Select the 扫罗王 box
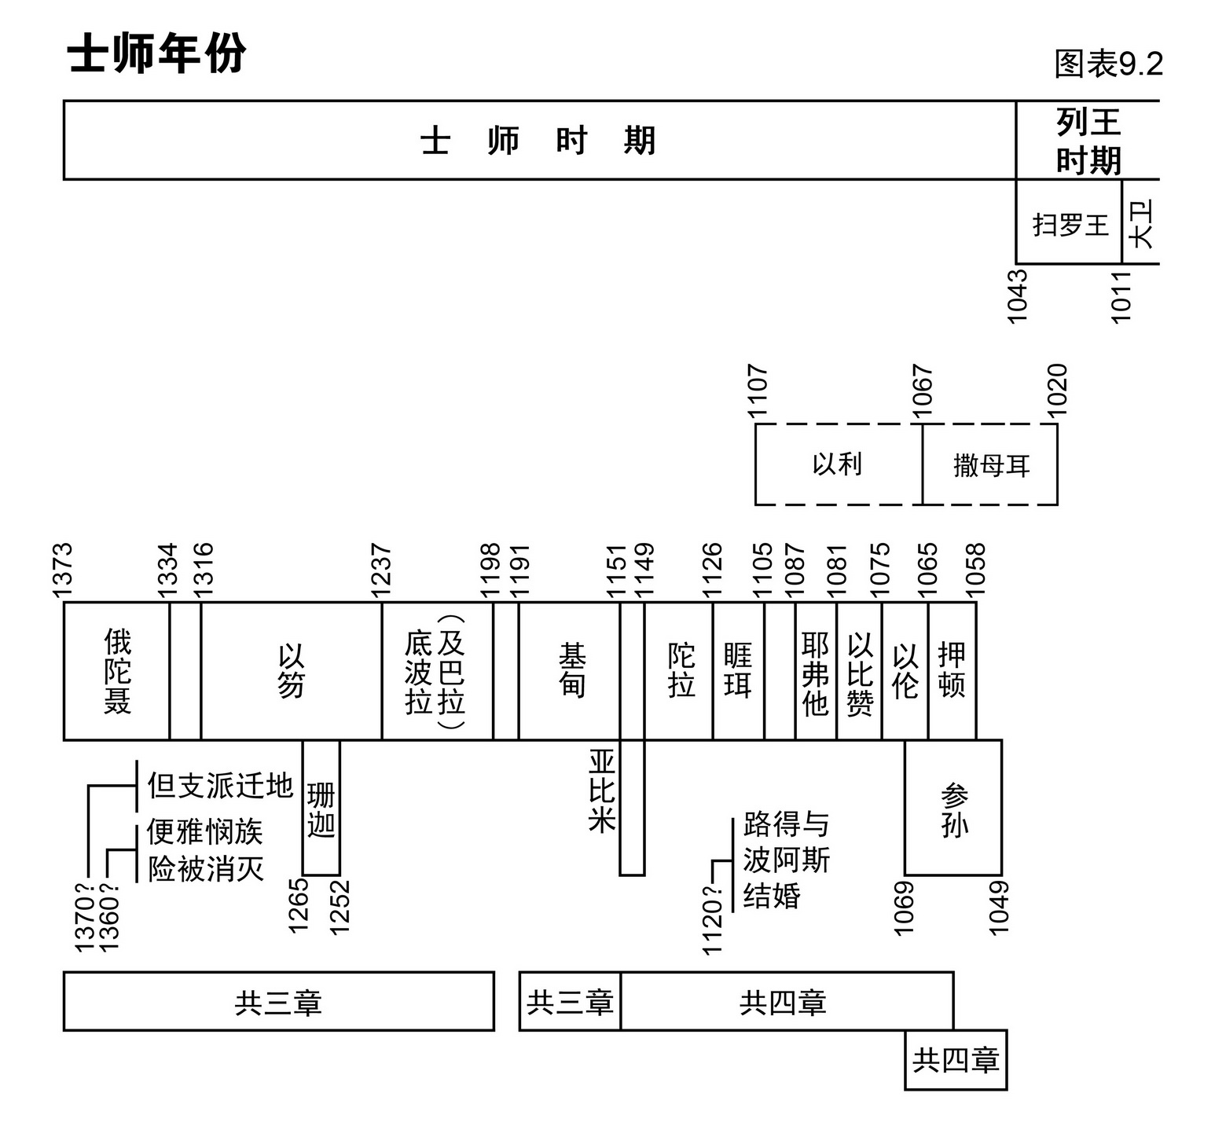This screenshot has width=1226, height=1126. click(1069, 225)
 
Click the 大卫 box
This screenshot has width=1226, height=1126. click(1141, 223)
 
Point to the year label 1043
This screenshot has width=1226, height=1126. click(1018, 295)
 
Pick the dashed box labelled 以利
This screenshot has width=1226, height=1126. click(838, 464)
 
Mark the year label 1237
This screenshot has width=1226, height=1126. click(381, 568)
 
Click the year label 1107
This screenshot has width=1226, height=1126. click(757, 391)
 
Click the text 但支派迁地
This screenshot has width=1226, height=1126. click(220, 785)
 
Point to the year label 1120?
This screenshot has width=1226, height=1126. click(711, 919)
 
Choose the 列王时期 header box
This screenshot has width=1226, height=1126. click(1088, 141)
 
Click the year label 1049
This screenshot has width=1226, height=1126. click(999, 908)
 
